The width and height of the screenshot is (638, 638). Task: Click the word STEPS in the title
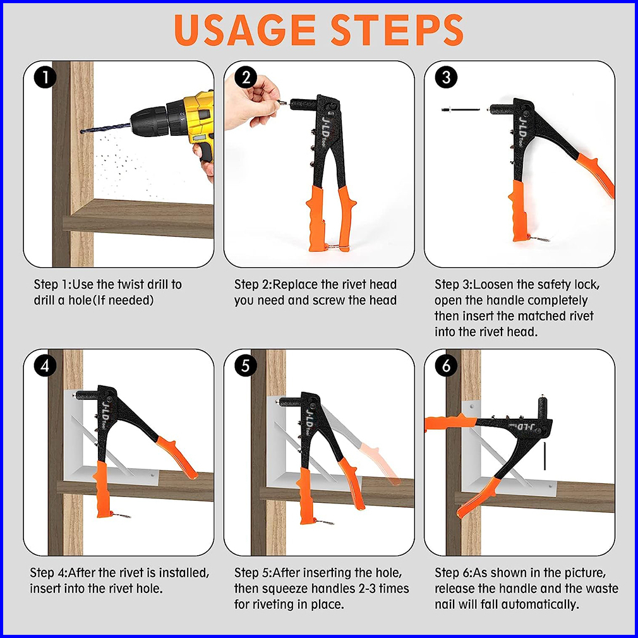(x=397, y=30)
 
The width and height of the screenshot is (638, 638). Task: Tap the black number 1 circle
(x=45, y=77)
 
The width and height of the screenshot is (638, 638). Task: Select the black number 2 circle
(x=246, y=77)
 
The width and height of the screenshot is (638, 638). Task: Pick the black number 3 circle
(x=447, y=77)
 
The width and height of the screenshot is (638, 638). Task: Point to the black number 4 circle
(x=45, y=365)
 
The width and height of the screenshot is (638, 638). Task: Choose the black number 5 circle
(x=246, y=365)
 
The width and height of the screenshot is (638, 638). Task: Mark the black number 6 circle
(x=447, y=365)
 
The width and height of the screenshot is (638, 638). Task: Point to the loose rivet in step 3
(x=459, y=109)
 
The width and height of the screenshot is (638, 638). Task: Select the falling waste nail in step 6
(x=545, y=456)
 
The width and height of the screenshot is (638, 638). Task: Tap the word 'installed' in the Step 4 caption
(x=184, y=573)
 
